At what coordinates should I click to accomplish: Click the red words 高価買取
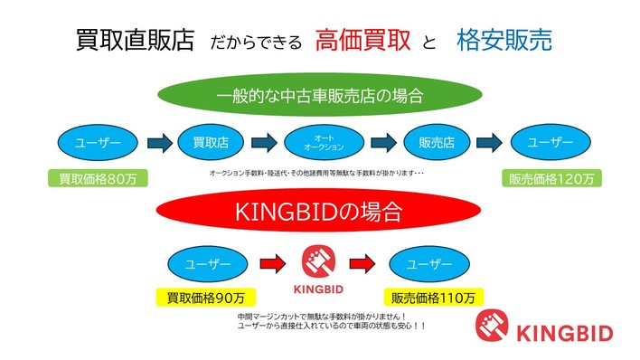[x=363, y=40]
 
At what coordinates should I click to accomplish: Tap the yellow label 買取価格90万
[x=206, y=296]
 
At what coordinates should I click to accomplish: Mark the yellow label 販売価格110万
[x=432, y=296]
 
